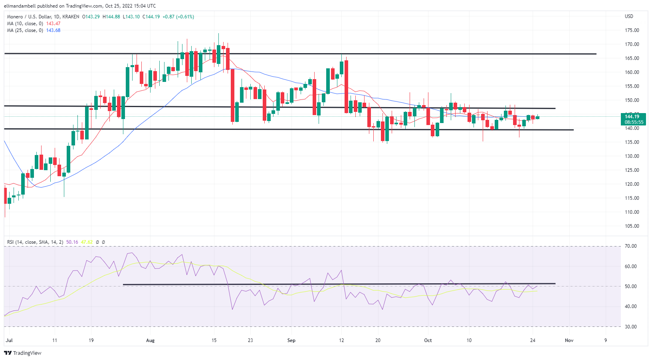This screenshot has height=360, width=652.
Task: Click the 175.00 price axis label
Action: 632,30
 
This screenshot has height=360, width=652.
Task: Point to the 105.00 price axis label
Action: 632,226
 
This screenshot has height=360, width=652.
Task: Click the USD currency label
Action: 629,16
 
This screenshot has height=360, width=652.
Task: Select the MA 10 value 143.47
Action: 53,24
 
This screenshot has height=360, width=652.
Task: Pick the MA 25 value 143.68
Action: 53,30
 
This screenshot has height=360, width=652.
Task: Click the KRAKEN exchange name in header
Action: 71,17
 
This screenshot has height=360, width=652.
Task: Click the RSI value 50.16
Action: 72,242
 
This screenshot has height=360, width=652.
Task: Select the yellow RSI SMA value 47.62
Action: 87,242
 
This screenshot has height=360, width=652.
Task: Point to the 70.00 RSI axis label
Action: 631,246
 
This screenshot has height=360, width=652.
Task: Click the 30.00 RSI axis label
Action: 631,327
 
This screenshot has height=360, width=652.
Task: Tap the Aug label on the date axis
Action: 150,340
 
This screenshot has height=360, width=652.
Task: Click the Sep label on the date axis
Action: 291,340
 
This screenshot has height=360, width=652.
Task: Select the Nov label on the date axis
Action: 569,340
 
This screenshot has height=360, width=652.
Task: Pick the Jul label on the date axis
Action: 9,340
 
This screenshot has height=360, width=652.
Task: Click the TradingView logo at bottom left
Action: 23,353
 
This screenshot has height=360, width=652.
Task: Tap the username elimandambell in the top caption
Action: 20,6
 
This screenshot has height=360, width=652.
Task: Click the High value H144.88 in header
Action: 111,17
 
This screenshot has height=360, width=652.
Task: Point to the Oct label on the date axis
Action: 428,340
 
